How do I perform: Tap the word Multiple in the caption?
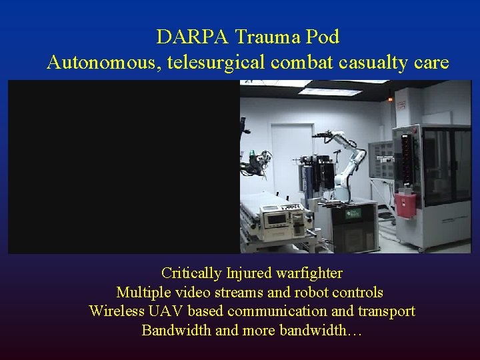(x=142, y=293)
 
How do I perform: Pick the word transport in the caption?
(x=385, y=311)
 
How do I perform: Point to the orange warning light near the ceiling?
(x=391, y=99)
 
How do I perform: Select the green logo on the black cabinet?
(x=353, y=213)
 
